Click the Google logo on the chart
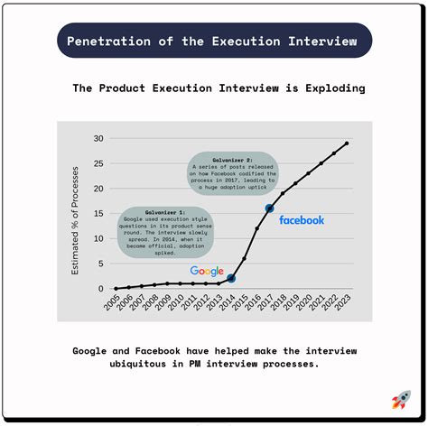[x=207, y=271]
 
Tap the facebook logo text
[x=302, y=219]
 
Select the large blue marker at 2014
[x=231, y=279]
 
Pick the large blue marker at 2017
[x=269, y=208]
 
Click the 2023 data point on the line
[x=347, y=144]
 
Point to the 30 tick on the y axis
[x=98, y=139]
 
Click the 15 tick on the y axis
[x=98, y=214]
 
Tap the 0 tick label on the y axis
[x=101, y=289]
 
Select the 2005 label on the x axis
[x=112, y=304]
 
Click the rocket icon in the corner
[x=401, y=400]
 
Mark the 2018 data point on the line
[x=283, y=193]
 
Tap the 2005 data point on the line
[x=116, y=289]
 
